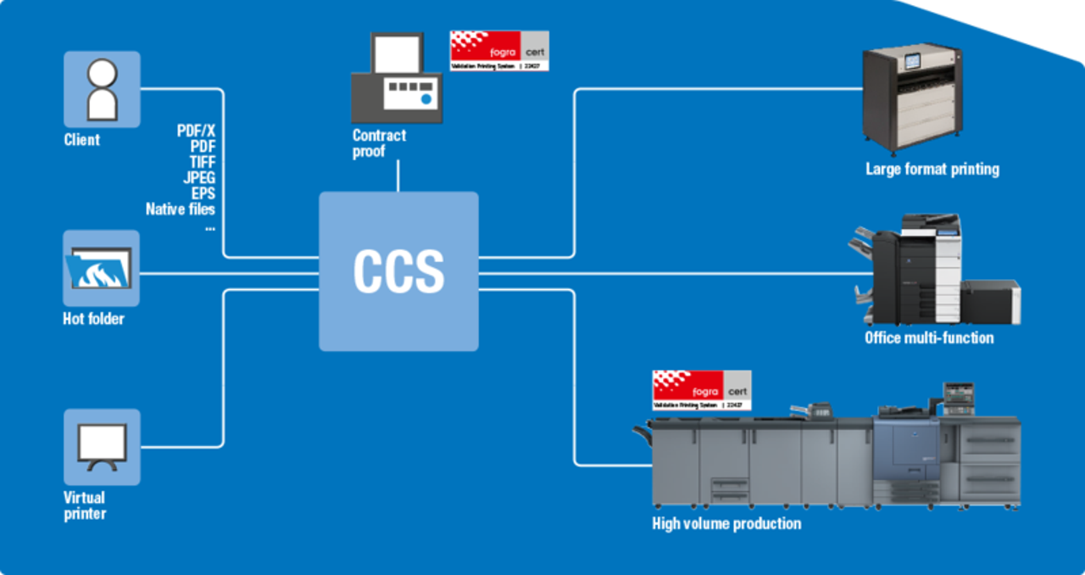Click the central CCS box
click(x=398, y=271)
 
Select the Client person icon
click(x=102, y=89)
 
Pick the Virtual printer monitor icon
click(x=102, y=447)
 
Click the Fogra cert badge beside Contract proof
click(x=499, y=50)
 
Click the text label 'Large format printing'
click(x=932, y=170)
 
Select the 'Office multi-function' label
click(x=928, y=338)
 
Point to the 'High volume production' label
click(x=726, y=523)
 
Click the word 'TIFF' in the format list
click(x=202, y=162)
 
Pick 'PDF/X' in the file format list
click(x=196, y=131)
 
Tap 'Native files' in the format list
click(x=181, y=209)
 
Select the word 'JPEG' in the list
click(x=199, y=177)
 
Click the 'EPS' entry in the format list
click(x=203, y=193)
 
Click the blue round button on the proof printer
click(x=426, y=100)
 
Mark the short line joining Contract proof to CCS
click(x=398, y=176)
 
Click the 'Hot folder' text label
click(x=93, y=319)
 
